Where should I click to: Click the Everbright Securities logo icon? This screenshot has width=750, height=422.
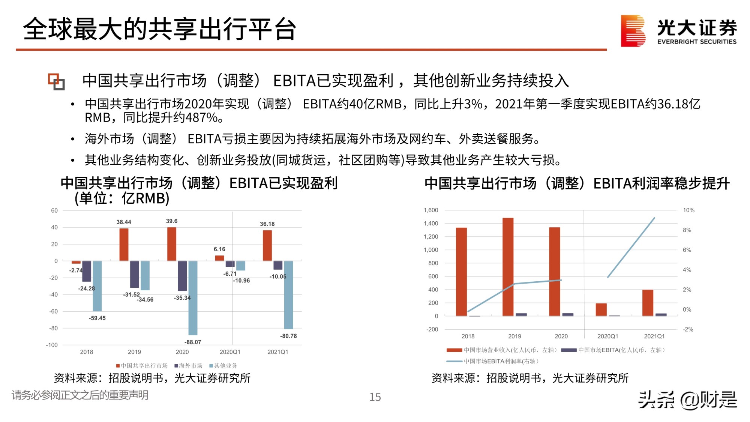click(633, 31)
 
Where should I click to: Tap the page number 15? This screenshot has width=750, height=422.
click(375, 397)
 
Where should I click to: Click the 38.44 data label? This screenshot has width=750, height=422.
click(124, 222)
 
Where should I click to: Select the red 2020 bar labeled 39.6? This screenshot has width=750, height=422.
click(172, 244)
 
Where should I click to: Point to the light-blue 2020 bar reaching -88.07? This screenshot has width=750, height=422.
click(193, 298)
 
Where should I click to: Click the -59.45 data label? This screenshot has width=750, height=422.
click(97, 318)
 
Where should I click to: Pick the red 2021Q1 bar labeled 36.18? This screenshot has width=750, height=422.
click(267, 245)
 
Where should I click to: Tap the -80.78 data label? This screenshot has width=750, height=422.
click(288, 336)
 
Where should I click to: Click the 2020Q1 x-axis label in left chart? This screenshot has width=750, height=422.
click(230, 352)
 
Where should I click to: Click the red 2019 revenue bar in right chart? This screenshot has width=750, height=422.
click(508, 267)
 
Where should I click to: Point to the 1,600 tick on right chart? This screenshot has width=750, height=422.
click(430, 210)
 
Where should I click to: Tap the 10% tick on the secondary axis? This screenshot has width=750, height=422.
click(688, 210)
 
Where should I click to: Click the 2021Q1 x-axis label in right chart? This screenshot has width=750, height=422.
click(654, 336)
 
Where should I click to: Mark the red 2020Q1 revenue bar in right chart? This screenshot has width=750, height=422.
click(601, 309)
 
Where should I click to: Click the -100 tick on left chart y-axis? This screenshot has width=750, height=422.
click(52, 345)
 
